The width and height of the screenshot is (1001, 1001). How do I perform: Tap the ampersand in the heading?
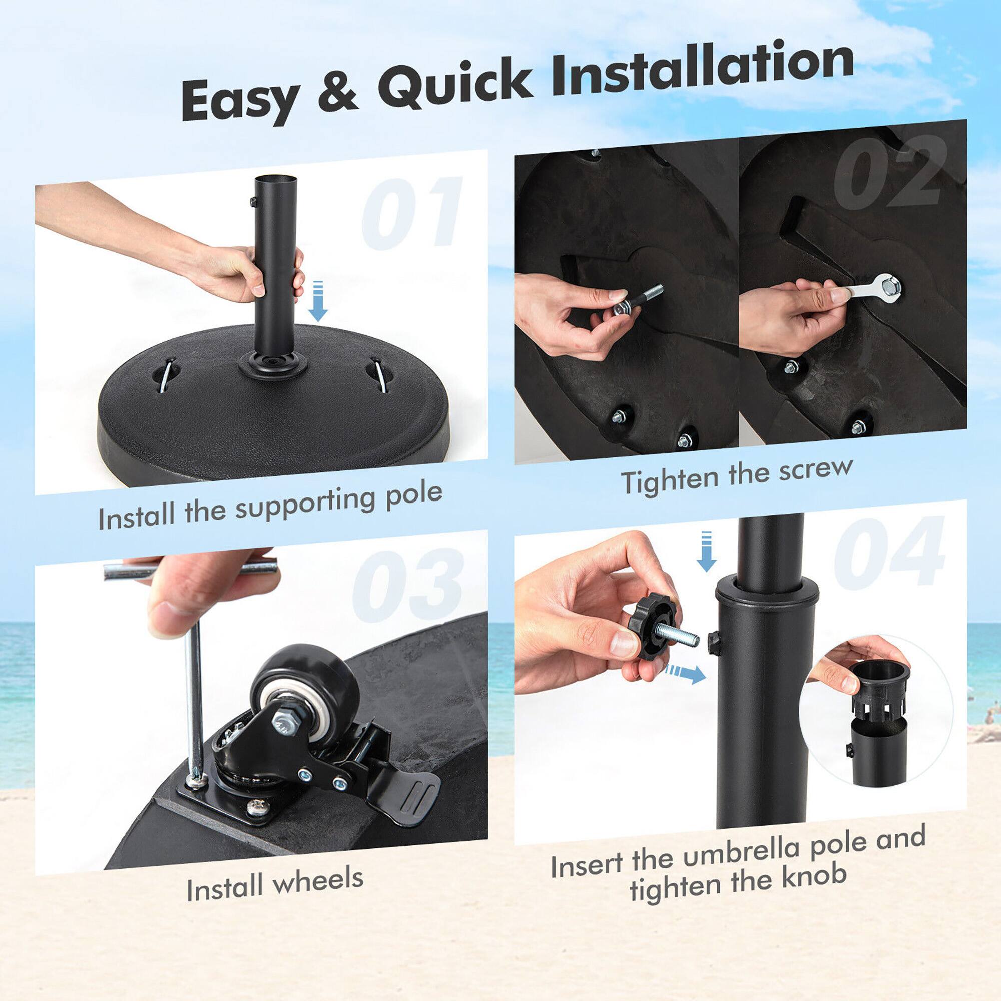pyautogui.click(x=337, y=92)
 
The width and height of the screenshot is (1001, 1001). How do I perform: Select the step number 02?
pyautogui.click(x=888, y=171)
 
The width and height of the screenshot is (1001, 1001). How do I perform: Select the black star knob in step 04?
pyautogui.click(x=652, y=628)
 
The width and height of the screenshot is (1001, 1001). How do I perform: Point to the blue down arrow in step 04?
pyautogui.click(x=706, y=551)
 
